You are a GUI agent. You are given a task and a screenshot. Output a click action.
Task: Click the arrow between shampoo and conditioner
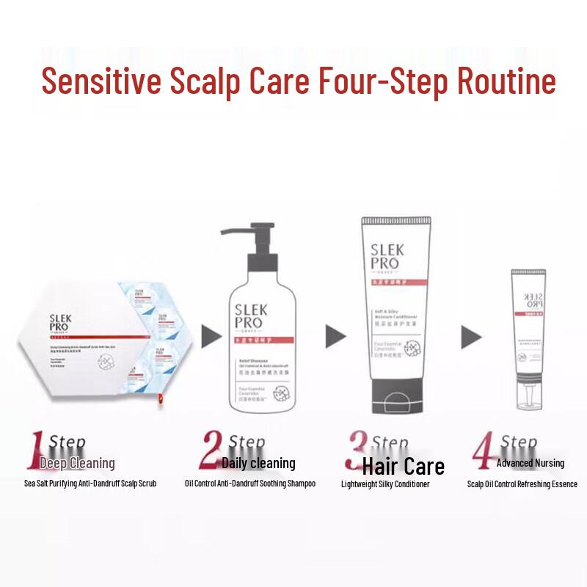coord(335,337)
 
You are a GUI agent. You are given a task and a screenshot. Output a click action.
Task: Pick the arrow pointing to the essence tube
coord(471,337)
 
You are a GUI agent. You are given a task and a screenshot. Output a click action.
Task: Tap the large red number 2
coord(211,450)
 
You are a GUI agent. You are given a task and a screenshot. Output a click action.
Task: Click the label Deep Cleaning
coord(77,463)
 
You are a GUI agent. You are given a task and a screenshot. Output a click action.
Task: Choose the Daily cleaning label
coord(258,463)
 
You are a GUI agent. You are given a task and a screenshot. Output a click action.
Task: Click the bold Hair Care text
coord(403,466)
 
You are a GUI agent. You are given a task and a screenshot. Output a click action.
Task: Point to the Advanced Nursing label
coord(530,463)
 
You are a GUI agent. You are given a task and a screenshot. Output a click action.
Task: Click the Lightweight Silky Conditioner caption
coord(385,484)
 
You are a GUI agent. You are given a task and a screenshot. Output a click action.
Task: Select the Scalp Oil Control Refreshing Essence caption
coord(522,484)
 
